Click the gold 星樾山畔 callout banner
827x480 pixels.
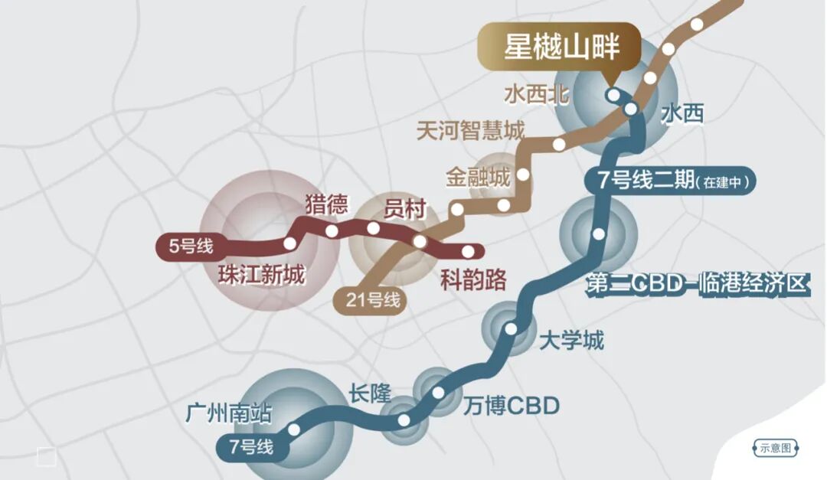tap(561, 47)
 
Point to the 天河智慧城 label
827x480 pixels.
tap(470, 130)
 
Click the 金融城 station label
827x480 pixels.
tap(477, 178)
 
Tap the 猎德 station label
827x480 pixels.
tap(326, 204)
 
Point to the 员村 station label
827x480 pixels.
tap(404, 209)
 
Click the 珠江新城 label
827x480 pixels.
tap(260, 274)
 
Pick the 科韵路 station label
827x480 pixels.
tap(473, 280)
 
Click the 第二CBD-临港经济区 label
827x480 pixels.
tap(697, 284)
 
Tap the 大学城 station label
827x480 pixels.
tap(571, 339)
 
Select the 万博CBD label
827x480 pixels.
tap(512, 406)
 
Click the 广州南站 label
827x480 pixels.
tap(228, 414)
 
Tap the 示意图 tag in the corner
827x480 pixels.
tap(776, 448)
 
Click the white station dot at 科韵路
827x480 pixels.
tap(468, 251)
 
